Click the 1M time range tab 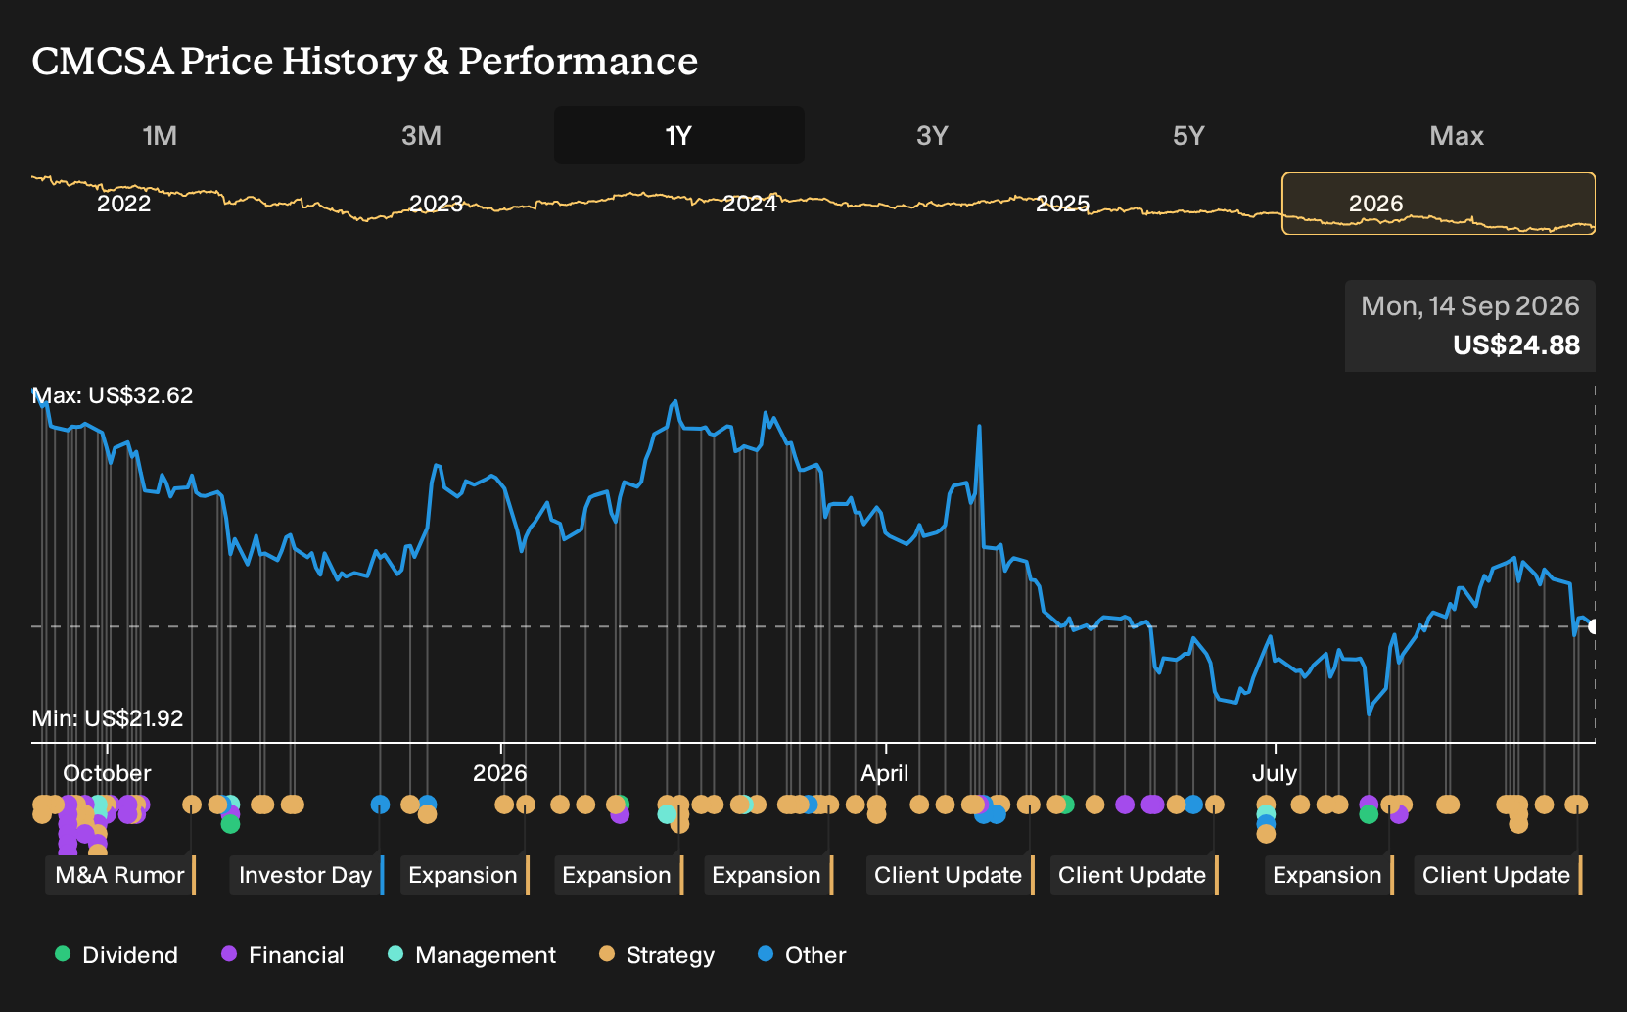[160, 136]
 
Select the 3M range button [421, 136]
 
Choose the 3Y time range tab [933, 136]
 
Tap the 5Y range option [1188, 136]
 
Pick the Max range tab [1457, 136]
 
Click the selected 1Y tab [678, 136]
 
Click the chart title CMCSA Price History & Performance [364, 61]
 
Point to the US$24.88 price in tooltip [1515, 345]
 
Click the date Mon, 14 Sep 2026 [1470, 306]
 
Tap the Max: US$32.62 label [113, 395]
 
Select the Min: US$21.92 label [108, 718]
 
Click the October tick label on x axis [107, 773]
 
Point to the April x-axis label [885, 773]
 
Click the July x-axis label [1275, 773]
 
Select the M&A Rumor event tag [120, 875]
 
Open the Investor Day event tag [306, 875]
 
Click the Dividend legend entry [116, 954]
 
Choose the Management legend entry [472, 954]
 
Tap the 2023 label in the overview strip [436, 204]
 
